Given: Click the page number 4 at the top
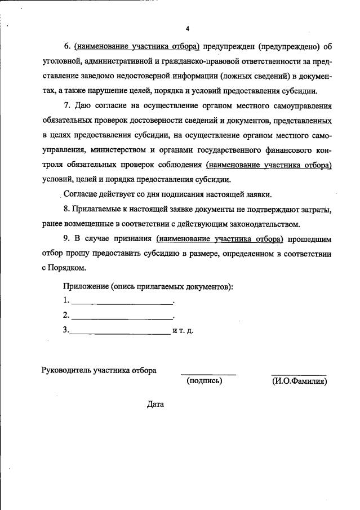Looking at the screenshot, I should (188, 28).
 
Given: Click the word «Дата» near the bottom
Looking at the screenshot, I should (155, 404).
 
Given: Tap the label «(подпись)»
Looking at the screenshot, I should (204, 381).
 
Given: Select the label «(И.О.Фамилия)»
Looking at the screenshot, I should (299, 381).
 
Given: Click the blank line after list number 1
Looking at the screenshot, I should (122, 304).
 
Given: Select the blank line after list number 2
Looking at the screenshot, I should (122, 319).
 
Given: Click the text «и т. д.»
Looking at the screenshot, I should (183, 331).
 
